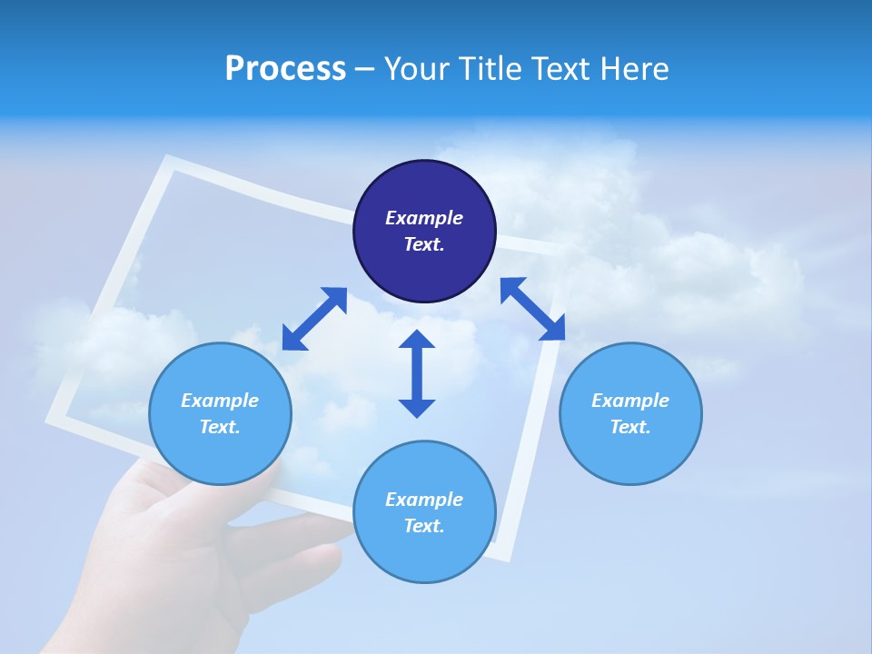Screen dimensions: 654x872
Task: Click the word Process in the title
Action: point(285,69)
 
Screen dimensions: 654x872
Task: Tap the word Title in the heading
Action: point(494,69)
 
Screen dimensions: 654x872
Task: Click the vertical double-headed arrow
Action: point(417,373)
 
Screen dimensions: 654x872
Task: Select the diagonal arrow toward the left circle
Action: point(314,318)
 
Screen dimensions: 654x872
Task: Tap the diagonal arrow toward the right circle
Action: point(532,309)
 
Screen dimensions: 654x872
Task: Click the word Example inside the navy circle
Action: point(424,218)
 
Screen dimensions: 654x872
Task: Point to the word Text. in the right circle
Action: point(630,427)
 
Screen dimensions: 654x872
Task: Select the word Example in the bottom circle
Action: point(424,500)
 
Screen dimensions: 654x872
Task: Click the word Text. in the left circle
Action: point(220,427)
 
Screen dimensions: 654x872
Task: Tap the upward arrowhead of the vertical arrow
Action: point(417,340)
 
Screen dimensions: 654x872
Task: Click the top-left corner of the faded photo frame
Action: point(167,162)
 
